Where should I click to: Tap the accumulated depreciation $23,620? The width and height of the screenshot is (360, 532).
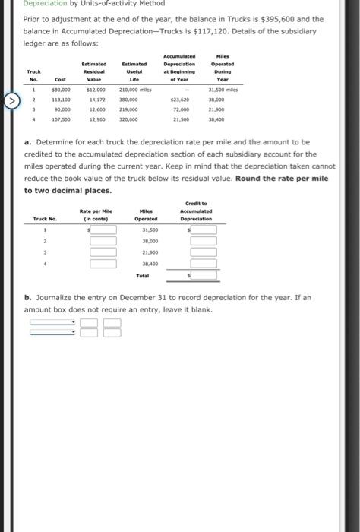click(179, 99)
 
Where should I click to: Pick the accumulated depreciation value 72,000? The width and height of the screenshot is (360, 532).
click(181, 108)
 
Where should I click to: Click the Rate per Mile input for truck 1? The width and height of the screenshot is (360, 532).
click(103, 230)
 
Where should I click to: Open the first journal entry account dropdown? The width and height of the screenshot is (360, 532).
click(53, 321)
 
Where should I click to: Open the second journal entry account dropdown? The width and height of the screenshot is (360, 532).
click(53, 331)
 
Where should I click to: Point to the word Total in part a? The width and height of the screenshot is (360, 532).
click(142, 275)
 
